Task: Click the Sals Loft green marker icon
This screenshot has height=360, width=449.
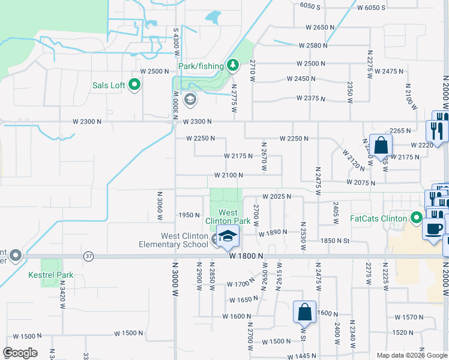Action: (134, 85)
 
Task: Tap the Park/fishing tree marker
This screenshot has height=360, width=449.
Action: (233, 65)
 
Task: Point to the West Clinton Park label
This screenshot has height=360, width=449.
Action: (228, 217)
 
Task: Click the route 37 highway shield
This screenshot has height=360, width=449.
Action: (88, 256)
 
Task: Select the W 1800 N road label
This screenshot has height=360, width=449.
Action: (247, 256)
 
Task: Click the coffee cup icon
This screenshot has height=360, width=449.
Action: (434, 227)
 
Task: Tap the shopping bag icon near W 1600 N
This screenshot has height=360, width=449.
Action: (304, 311)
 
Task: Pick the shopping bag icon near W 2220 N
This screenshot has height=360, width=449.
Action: (381, 145)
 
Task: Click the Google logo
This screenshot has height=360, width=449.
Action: (20, 353)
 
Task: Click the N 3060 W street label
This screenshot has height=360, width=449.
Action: (160, 206)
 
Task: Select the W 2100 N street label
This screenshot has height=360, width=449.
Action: (228, 175)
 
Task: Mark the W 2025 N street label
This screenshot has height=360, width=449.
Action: (276, 196)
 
